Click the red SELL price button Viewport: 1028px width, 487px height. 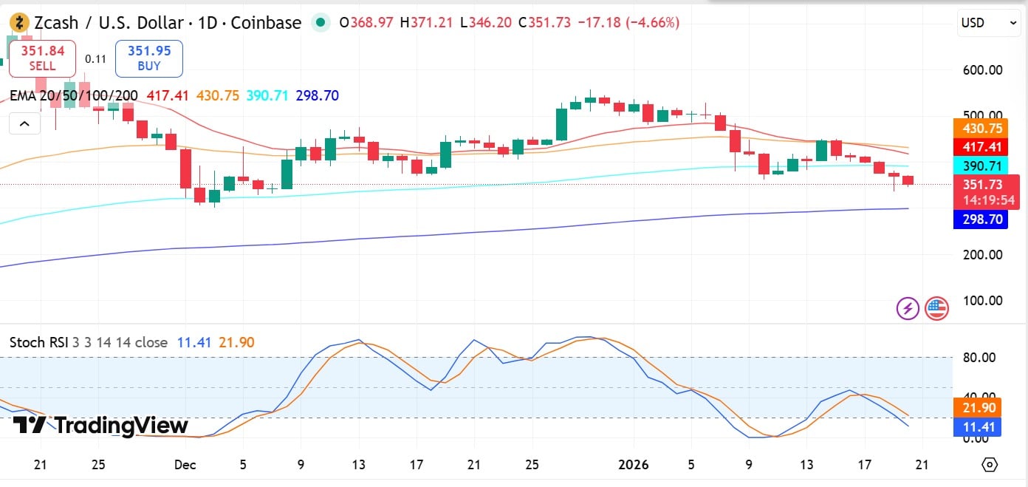(x=42, y=58)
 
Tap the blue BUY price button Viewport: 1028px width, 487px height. (x=148, y=58)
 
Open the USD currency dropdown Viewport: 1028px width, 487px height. (x=989, y=23)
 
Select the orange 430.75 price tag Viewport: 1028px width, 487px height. (x=981, y=128)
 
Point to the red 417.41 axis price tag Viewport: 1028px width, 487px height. (x=981, y=147)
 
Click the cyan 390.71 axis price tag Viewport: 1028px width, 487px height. (x=981, y=166)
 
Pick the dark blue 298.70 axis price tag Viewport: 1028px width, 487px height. (x=981, y=219)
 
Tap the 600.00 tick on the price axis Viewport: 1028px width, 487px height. (x=982, y=70)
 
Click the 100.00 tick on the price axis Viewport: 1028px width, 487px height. (x=982, y=301)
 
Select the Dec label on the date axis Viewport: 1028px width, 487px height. (x=185, y=465)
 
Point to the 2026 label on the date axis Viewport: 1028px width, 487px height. (x=634, y=465)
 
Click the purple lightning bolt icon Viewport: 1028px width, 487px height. (x=908, y=308)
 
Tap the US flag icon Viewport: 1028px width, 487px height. (x=936, y=308)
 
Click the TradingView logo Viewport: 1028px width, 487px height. (x=101, y=426)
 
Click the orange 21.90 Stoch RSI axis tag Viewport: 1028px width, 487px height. (x=981, y=407)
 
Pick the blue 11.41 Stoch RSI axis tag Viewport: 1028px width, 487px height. (x=981, y=426)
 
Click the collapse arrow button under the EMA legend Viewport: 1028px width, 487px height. (x=24, y=123)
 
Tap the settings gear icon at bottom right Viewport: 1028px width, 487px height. (x=990, y=465)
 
